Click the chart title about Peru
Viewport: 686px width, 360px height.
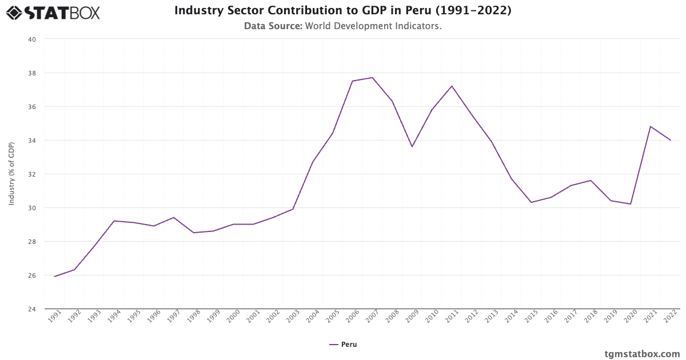(342, 11)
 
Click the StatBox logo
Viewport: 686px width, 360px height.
(53, 12)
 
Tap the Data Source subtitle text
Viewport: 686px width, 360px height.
(342, 26)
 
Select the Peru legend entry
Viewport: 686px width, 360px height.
(343, 345)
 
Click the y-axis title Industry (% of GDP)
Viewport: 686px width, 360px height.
(11, 174)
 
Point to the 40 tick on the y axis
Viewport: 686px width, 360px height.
(31, 39)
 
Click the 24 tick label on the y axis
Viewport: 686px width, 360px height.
(31, 309)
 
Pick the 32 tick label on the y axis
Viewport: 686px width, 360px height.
(31, 174)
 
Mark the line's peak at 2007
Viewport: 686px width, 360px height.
(372, 78)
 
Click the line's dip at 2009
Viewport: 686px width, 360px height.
(412, 147)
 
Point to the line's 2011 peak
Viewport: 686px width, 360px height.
(452, 86)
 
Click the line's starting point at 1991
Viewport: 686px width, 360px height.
(55, 277)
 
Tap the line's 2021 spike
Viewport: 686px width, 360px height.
(651, 126)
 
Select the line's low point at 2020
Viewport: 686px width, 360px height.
(631, 204)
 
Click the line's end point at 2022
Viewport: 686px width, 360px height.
(670, 140)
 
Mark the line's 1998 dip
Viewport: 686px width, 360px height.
(193, 233)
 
